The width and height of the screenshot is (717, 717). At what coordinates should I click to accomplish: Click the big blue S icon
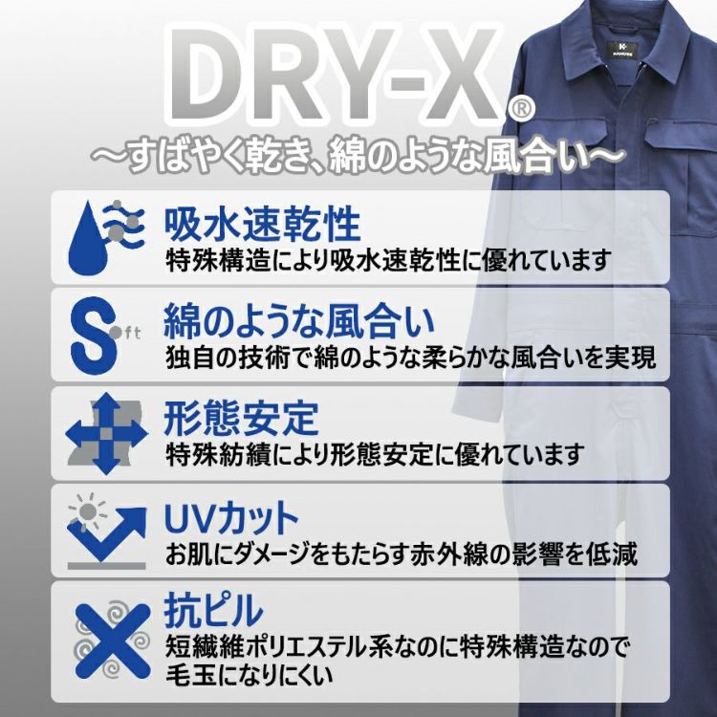(93, 336)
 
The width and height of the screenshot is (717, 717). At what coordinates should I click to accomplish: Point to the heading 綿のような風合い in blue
(298, 321)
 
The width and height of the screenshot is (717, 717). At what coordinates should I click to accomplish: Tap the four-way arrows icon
(107, 433)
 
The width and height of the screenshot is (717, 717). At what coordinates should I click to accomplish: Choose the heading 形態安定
(241, 419)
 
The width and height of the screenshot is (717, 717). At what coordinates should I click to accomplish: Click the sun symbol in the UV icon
(87, 511)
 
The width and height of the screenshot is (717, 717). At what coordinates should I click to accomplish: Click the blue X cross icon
(113, 641)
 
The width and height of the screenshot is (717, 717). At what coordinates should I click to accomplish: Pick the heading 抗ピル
(213, 611)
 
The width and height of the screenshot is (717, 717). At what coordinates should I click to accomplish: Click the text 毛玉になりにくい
(250, 675)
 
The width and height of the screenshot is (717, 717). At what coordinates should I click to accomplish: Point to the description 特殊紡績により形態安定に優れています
(375, 454)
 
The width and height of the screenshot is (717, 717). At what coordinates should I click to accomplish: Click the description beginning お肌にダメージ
(402, 554)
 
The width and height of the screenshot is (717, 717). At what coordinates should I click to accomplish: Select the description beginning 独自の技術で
(411, 358)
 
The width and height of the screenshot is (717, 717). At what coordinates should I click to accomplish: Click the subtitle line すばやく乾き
(358, 158)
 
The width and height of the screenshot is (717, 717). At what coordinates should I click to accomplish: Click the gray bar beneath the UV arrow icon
(106, 566)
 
